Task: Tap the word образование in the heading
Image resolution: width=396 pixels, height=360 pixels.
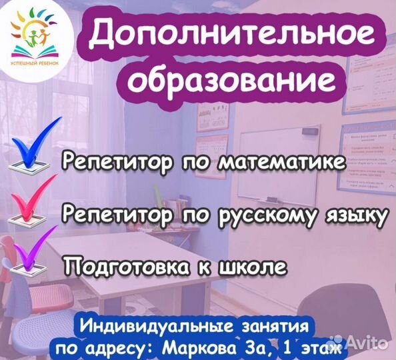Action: (230, 80)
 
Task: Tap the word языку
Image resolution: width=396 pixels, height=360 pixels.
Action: (353, 215)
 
